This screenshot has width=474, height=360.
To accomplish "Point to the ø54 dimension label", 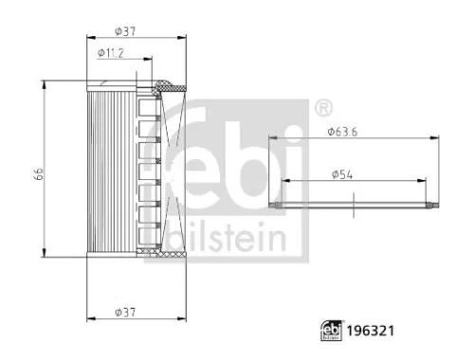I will click(344, 174).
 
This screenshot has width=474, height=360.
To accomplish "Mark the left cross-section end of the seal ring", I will click(276, 204).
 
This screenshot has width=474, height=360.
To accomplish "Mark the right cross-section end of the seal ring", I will click(436, 204).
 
